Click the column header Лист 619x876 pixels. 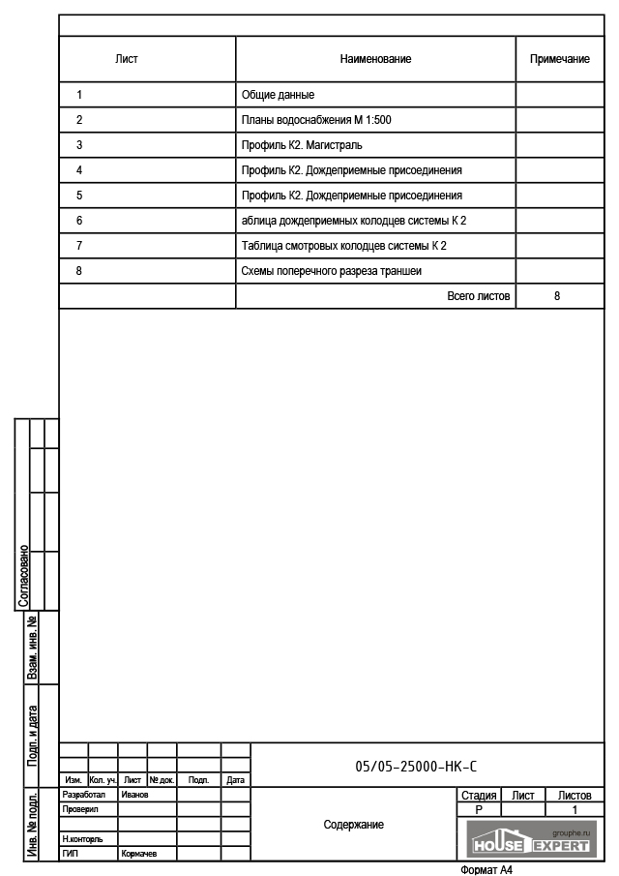127,59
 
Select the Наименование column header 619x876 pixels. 375,59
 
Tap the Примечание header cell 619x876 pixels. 559,59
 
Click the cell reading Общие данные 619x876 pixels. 278,95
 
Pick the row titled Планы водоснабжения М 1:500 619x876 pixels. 315,120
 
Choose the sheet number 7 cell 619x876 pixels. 78,246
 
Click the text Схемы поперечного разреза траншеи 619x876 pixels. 331,271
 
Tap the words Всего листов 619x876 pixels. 478,296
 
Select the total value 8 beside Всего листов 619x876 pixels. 557,296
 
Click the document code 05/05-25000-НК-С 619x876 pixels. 416,767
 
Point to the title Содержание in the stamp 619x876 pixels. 353,825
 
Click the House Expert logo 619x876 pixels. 529,838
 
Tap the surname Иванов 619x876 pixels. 134,795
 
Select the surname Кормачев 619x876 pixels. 138,855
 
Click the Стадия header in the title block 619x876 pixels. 479,795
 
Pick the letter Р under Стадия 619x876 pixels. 479,809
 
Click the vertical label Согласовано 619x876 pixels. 24,578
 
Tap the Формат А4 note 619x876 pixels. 486,869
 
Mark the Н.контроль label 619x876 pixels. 82,839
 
